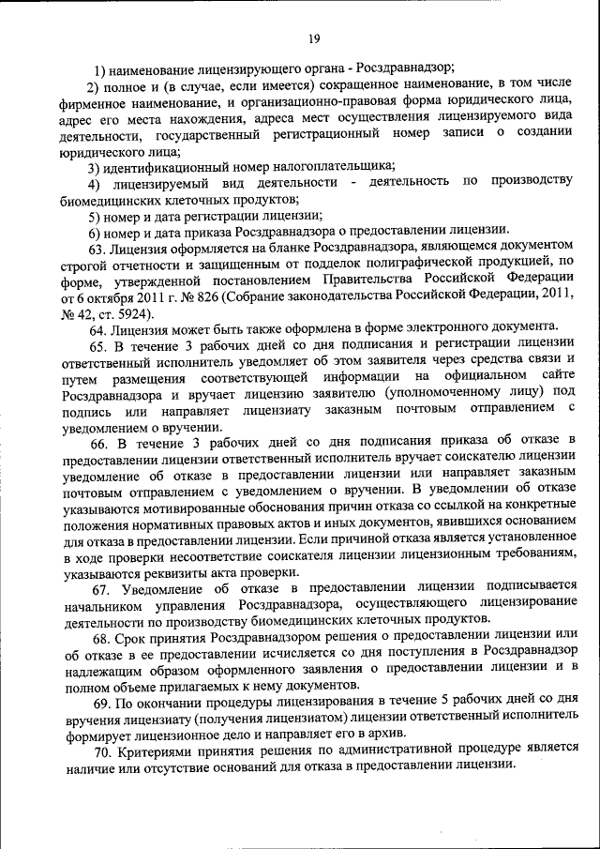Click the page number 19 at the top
313,38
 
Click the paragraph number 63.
97,249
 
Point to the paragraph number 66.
99,441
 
